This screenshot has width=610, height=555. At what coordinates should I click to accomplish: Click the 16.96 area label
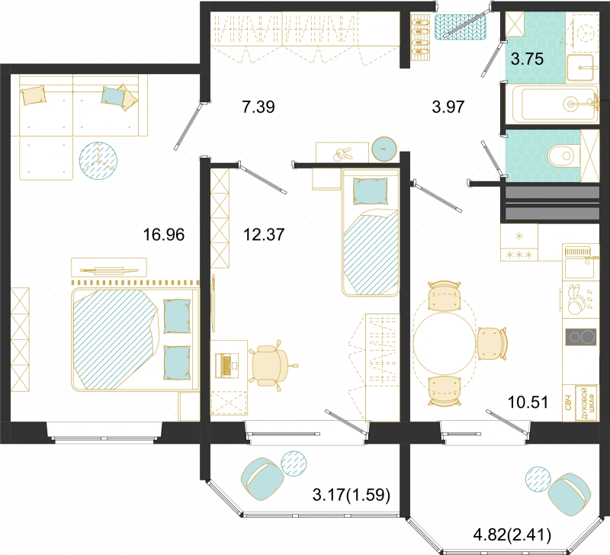tap(164, 235)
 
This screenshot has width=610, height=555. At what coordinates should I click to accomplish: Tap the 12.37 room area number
tap(264, 235)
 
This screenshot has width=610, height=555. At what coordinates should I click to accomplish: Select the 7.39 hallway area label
tap(258, 107)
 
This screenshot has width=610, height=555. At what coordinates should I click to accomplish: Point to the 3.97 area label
tap(448, 107)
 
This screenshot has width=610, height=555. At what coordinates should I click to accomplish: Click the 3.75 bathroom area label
tap(527, 59)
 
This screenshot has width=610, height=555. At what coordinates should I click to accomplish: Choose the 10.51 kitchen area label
tap(528, 403)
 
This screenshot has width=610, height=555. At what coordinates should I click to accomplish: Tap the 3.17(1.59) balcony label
tap(352, 495)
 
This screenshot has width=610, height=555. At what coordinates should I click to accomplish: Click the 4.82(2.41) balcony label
tap(512, 534)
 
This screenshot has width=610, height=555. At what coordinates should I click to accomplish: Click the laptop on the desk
tap(227, 366)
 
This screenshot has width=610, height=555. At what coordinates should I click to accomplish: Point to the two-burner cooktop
tap(580, 337)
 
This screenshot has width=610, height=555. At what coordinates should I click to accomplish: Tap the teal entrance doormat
tap(461, 27)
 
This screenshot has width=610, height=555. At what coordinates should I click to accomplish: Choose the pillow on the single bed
tap(371, 191)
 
